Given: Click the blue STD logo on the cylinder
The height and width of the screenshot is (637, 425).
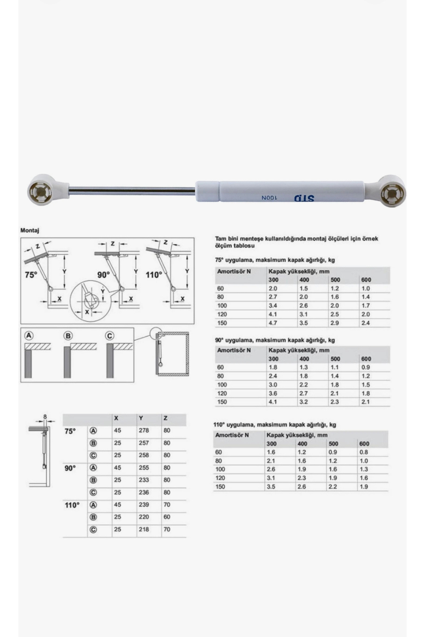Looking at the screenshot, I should (304, 198).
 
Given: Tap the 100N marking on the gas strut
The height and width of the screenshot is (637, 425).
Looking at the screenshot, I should (269, 198).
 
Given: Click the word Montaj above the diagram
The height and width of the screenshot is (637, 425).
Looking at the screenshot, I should (30, 230).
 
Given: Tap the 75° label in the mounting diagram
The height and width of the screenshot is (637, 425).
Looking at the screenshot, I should (31, 275).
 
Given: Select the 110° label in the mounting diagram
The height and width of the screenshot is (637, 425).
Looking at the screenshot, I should (154, 275).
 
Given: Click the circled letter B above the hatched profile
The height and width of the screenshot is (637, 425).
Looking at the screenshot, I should (68, 336).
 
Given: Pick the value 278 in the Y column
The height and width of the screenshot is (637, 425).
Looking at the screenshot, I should (144, 430).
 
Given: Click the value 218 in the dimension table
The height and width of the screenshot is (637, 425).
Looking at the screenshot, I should (144, 529).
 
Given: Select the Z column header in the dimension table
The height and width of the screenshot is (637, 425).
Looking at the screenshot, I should (165, 418).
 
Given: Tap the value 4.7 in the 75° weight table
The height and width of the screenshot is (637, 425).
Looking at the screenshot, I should (273, 323).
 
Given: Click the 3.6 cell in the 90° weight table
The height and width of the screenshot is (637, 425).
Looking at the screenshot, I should (273, 393).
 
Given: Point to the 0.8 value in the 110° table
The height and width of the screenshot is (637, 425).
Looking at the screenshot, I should (363, 452).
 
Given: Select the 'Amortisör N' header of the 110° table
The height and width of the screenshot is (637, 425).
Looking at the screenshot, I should (232, 435).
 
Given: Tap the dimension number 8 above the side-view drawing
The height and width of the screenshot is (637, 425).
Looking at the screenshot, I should (45, 417).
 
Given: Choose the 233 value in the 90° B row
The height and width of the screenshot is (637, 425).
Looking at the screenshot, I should (144, 480).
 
